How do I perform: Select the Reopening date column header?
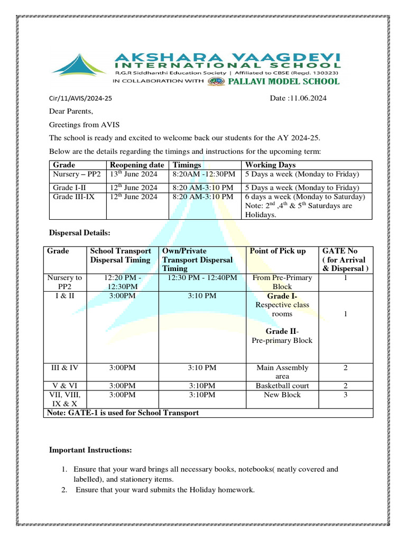click(136, 165)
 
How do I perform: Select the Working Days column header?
click(267, 165)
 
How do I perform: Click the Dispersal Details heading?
click(79, 232)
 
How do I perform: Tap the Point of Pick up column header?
click(278, 251)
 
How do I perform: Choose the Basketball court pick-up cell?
click(282, 386)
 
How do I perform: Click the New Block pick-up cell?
click(282, 395)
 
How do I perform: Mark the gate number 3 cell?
click(345, 395)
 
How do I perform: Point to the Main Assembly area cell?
click(282, 372)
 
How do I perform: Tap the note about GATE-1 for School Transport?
click(123, 413)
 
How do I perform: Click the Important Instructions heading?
click(90, 450)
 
